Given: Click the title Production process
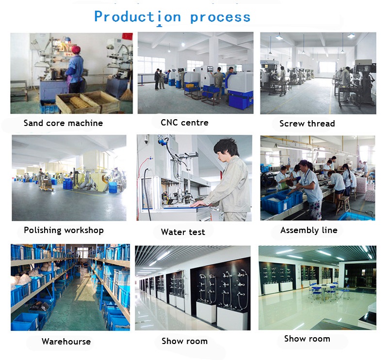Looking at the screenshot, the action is click(172, 17).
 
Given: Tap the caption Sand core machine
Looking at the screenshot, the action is click(64, 123).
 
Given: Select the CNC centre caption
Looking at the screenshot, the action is click(185, 123).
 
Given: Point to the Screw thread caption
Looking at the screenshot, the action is click(307, 124).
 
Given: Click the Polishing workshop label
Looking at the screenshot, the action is click(64, 230).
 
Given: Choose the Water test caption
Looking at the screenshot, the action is click(183, 232).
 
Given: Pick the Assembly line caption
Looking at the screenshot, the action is click(309, 230).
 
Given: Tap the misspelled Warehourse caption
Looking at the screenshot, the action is click(66, 342).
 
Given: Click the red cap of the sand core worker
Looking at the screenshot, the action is click(76, 49).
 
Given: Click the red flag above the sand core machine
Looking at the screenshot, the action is click(127, 36).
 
